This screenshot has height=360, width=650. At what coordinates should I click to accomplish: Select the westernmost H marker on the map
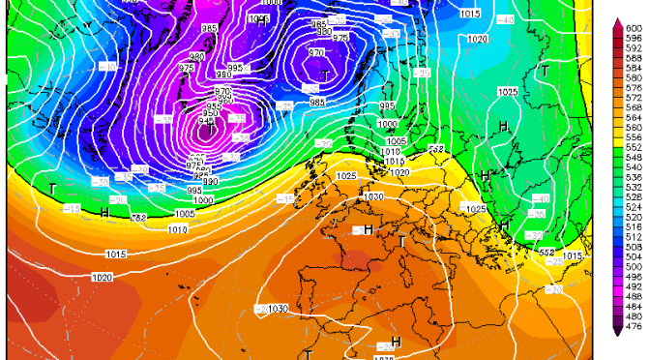click(104, 212)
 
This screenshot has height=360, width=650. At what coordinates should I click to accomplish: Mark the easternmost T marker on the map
click(546, 70)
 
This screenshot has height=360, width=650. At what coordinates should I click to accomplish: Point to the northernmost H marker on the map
click(504, 127)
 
